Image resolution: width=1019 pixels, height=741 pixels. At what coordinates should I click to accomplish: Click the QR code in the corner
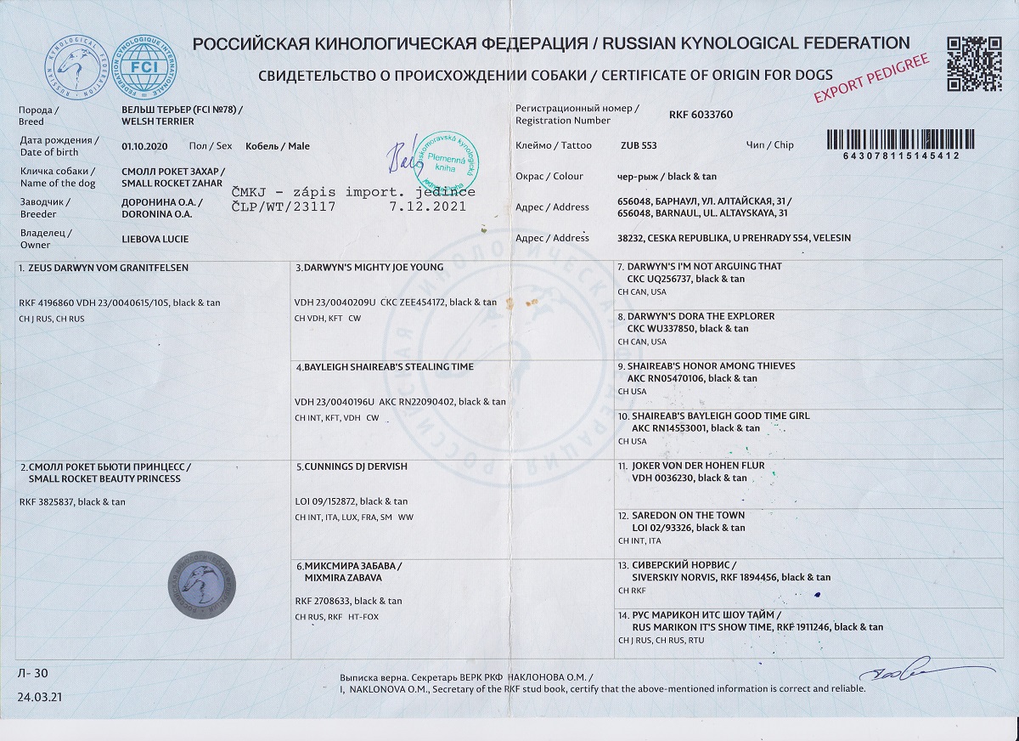(x=974, y=63)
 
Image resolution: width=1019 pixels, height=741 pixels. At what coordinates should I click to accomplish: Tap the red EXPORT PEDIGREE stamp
(x=872, y=78)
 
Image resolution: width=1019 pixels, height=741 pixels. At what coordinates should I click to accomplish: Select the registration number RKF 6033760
(x=701, y=114)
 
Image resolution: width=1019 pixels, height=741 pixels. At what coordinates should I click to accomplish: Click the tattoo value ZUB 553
(x=639, y=145)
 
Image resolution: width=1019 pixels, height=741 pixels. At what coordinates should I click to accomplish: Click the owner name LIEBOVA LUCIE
(x=155, y=239)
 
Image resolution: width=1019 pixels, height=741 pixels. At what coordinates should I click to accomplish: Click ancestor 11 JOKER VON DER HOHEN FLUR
(x=696, y=466)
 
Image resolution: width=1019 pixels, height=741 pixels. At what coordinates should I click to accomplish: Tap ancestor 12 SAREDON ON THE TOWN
(x=687, y=515)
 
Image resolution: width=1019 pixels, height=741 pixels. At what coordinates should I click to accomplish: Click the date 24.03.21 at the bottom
(x=38, y=697)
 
